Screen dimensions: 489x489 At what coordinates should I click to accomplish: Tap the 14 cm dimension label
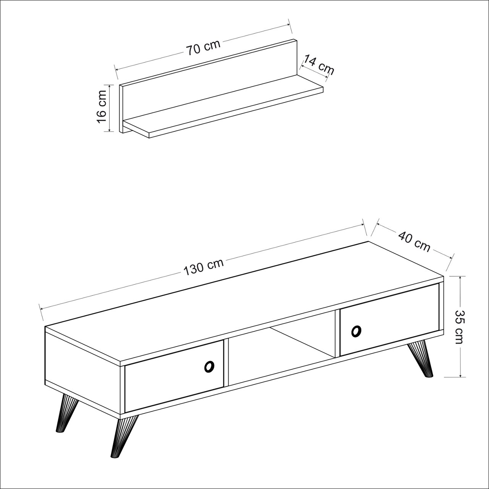[318, 65]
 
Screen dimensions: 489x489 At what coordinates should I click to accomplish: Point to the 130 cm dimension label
[203, 267]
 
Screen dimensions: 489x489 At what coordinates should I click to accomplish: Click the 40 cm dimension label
[414, 242]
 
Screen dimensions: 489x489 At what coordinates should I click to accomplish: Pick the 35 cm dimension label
[459, 331]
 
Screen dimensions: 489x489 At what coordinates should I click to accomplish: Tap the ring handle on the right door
[356, 331]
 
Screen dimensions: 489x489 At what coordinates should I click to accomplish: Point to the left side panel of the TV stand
[82, 364]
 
